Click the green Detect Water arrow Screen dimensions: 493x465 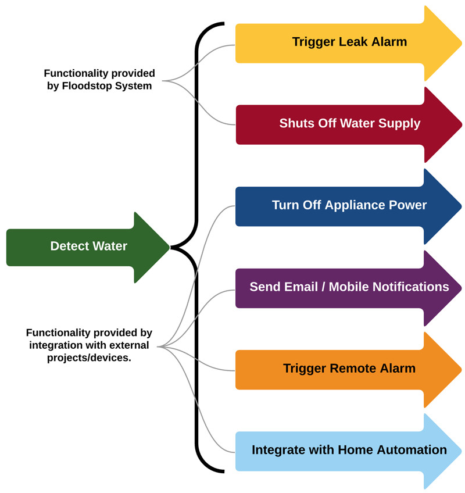click(87, 246)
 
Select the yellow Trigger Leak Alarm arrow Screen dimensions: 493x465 click(349, 42)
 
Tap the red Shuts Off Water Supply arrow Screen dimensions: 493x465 click(349, 124)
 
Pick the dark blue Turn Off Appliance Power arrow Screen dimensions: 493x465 click(349, 206)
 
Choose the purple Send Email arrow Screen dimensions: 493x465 click(349, 287)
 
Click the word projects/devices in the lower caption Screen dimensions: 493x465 click(89, 358)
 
